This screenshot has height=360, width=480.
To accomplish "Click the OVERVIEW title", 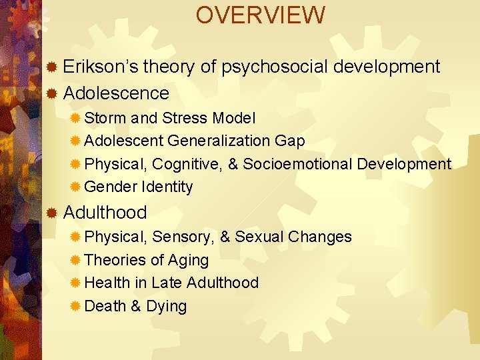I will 261,15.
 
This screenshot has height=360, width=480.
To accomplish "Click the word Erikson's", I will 101,67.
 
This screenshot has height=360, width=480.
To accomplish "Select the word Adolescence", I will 116,93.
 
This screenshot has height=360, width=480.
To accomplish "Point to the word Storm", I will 106,118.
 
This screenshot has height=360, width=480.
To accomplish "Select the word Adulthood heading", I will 105,213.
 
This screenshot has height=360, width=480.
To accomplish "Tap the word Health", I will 107,283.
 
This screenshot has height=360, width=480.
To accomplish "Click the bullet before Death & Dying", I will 75,306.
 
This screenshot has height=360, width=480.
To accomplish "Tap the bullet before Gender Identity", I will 75,187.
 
